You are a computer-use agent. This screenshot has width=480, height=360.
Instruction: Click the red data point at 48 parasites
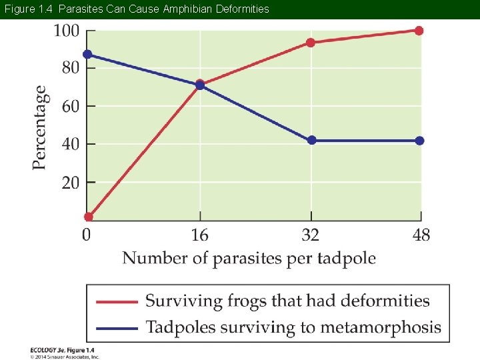[x=419, y=31]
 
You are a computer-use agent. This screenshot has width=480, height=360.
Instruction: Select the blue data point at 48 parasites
[x=419, y=141]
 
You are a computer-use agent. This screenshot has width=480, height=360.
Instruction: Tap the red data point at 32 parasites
[x=311, y=43]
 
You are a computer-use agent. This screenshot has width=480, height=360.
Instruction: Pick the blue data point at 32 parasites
[x=311, y=141]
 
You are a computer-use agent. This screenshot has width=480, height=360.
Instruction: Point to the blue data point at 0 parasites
[x=87, y=54]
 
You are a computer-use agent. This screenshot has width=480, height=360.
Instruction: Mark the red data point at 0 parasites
[x=89, y=217]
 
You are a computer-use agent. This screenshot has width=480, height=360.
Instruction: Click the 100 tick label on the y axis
[x=66, y=31]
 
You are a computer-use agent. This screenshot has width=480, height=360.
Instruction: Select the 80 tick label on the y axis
[x=69, y=68]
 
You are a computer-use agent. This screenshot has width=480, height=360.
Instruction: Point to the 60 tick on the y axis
[x=69, y=106]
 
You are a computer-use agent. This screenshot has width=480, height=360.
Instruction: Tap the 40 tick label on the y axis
[x=69, y=144]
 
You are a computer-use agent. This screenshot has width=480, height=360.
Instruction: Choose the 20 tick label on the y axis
[x=69, y=182]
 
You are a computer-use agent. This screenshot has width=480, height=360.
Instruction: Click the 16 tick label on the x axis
[x=199, y=235]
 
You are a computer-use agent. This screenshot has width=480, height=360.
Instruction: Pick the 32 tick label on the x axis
[x=311, y=235]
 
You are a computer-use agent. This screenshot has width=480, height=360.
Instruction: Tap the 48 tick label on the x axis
[x=420, y=235]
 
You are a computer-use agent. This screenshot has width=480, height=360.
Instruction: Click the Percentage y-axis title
[x=40, y=127]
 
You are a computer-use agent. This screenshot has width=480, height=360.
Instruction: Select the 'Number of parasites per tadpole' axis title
[x=249, y=258]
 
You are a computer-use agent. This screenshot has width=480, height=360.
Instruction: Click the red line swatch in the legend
[x=116, y=301]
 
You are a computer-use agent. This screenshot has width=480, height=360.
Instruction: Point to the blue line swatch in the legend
[x=116, y=327]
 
